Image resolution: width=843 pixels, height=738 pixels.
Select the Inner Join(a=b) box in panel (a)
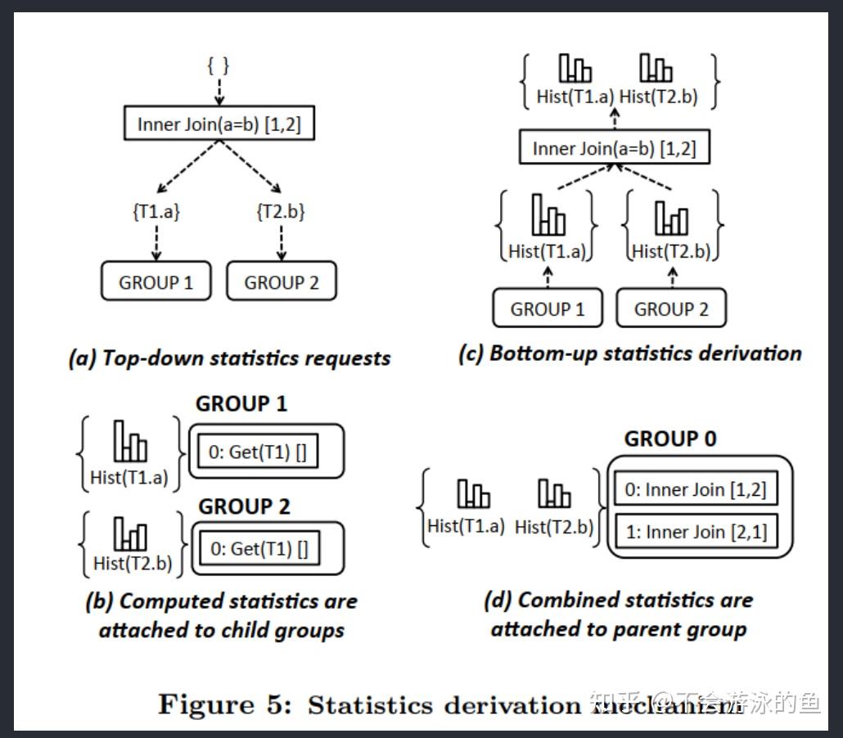[x=219, y=124]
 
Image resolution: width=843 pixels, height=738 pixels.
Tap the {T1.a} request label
[x=156, y=212]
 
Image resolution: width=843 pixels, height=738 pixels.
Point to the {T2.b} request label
[x=282, y=212]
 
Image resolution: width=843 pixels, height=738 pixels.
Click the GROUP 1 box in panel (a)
[x=156, y=282]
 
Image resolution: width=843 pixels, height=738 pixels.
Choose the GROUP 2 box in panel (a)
[x=281, y=282]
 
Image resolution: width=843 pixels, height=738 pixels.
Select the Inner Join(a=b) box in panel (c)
[x=614, y=149]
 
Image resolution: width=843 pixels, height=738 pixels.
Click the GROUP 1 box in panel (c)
[x=548, y=309]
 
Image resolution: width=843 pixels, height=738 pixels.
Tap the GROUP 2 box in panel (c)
[x=671, y=309]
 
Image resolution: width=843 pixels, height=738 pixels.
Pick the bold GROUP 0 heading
[x=669, y=439]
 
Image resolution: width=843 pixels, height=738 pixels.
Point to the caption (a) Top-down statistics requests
[x=229, y=358]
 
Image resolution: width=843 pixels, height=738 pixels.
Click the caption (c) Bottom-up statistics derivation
[x=630, y=353]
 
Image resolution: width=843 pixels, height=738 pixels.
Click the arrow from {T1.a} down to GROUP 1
[x=156, y=242]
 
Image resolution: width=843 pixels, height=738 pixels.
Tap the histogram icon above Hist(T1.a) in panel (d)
[x=473, y=494]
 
